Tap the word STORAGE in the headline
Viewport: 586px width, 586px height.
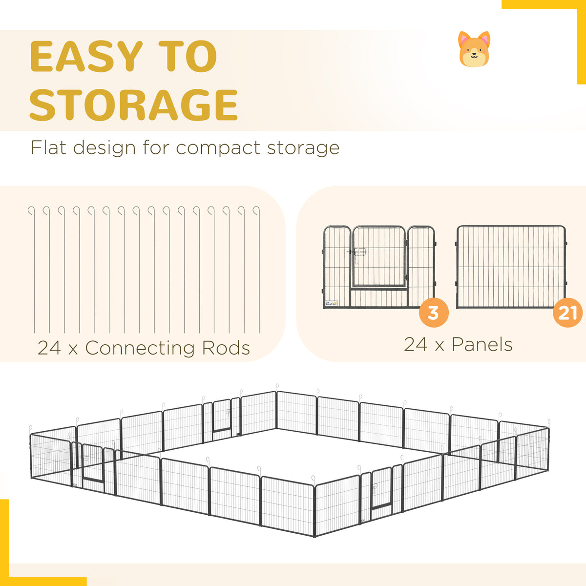[x=133, y=105]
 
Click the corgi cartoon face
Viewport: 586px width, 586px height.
[x=474, y=49]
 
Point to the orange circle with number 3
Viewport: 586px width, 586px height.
[x=434, y=313]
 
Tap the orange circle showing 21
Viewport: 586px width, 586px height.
[x=567, y=313]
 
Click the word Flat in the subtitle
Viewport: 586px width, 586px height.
[x=48, y=147]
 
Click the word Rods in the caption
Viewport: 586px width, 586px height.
[x=226, y=348]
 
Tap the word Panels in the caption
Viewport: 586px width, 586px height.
[x=482, y=345]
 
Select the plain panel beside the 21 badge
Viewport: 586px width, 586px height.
[x=511, y=267]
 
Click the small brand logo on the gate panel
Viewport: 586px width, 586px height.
[x=331, y=303]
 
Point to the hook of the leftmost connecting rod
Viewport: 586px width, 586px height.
[x=32, y=210]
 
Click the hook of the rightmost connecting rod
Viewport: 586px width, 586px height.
[x=257, y=210]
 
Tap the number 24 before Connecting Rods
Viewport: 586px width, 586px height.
[x=49, y=348]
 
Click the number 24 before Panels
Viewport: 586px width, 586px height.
[x=416, y=345]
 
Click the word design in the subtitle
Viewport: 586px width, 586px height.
[x=105, y=148]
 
